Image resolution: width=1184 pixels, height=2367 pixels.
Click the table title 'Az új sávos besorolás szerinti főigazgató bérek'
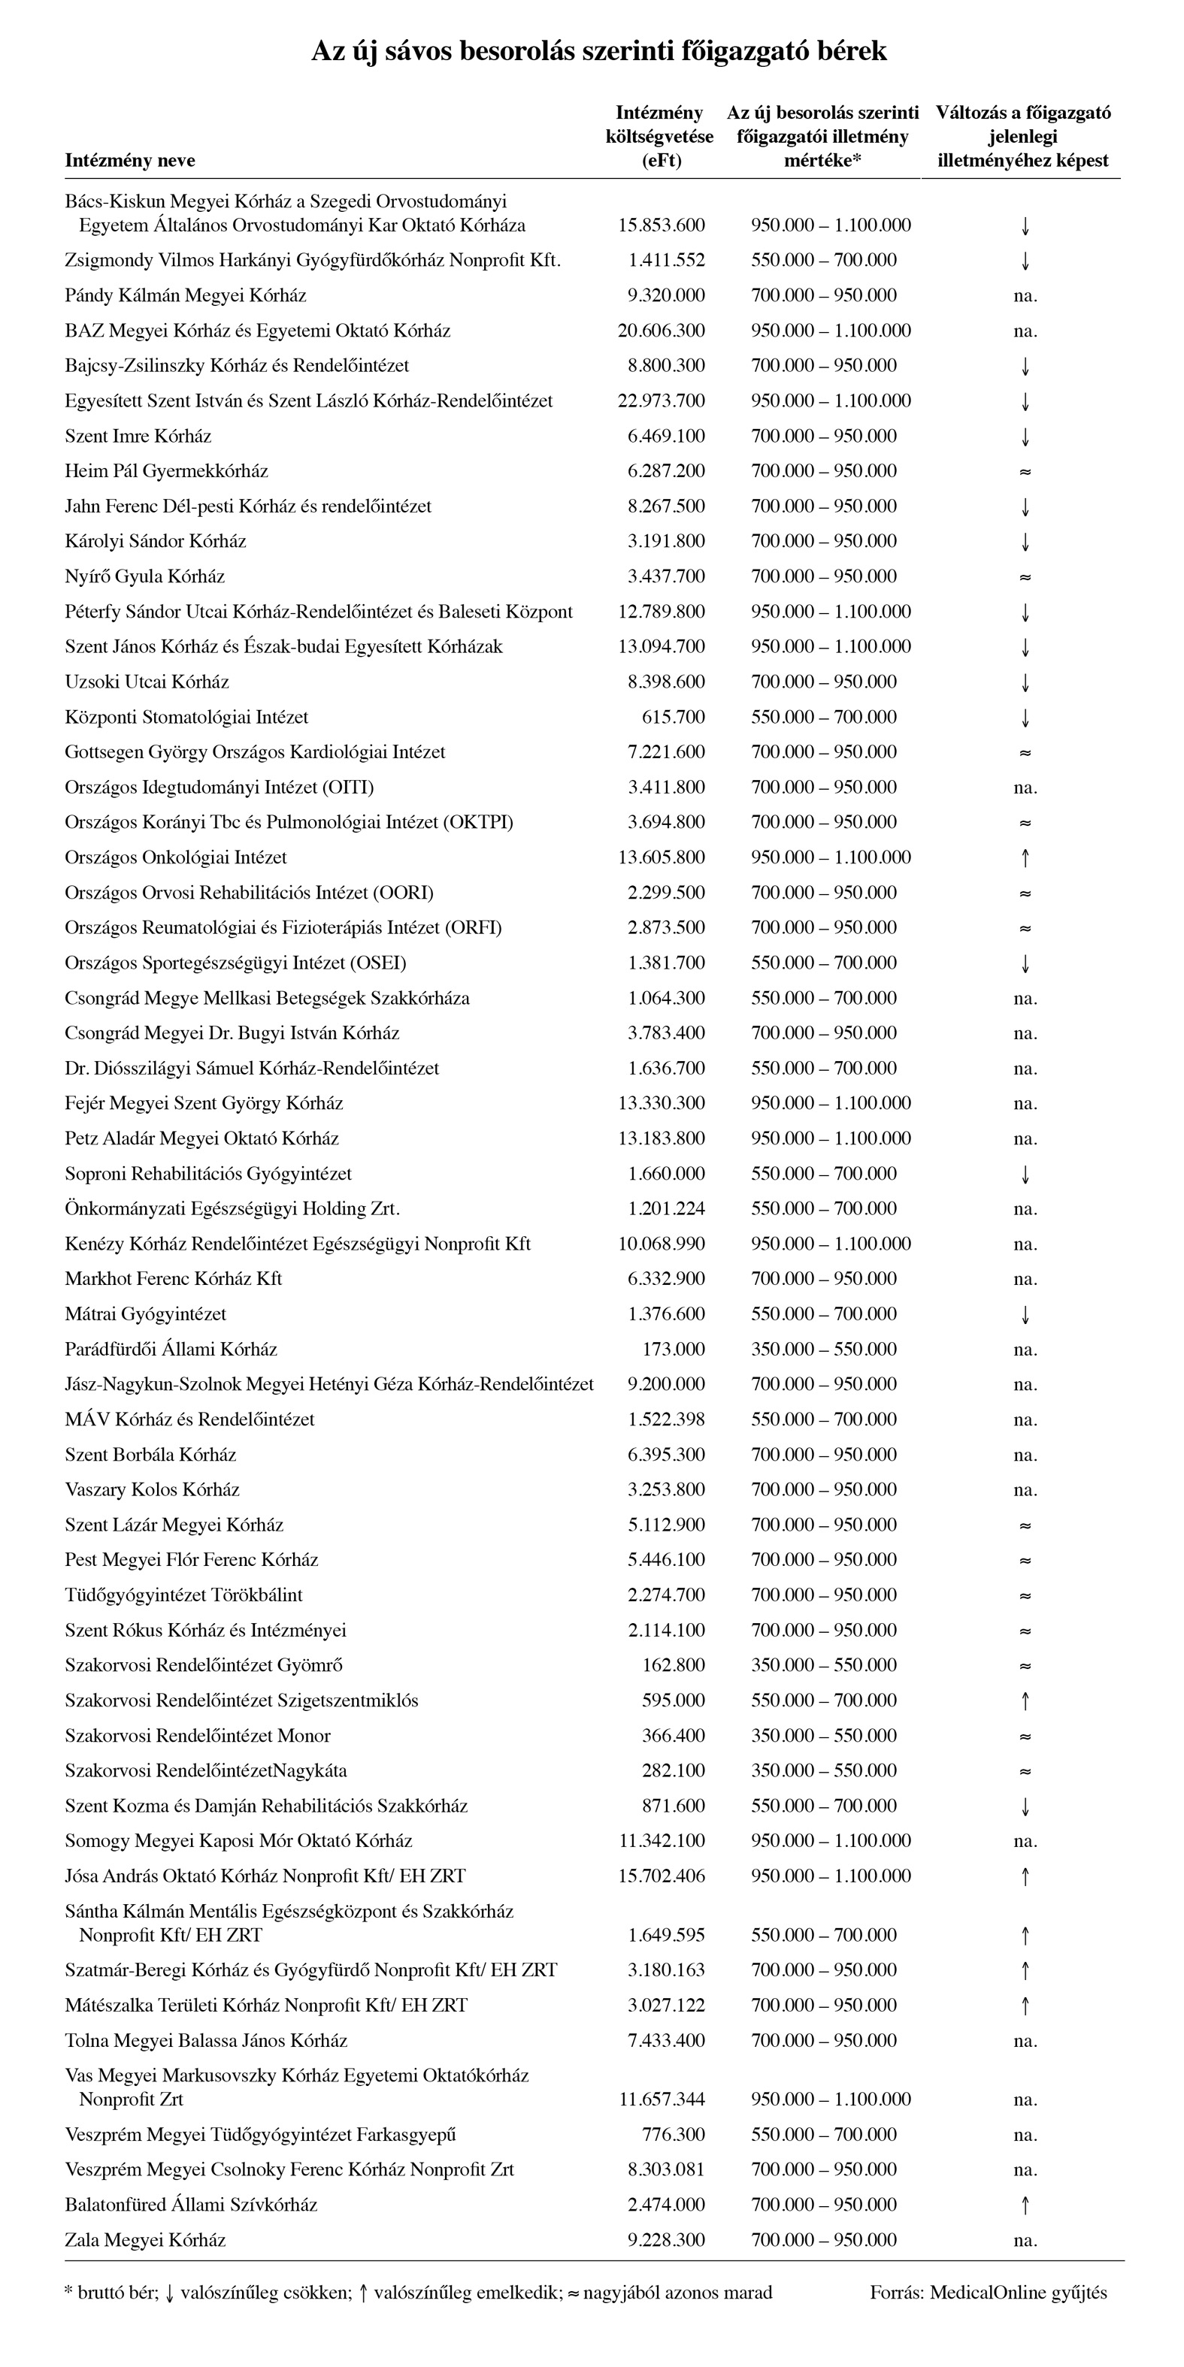tap(598, 50)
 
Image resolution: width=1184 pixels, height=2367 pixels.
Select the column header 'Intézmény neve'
tap(129, 161)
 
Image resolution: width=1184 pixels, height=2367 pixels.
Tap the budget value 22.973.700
tap(661, 401)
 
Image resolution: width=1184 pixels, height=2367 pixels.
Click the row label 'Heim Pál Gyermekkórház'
tap(166, 471)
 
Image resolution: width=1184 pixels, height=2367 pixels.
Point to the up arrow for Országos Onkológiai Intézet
tap(1025, 858)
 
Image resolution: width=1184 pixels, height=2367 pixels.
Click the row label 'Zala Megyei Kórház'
tap(145, 2240)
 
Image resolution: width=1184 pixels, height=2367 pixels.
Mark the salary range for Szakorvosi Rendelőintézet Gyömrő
tap(824, 1666)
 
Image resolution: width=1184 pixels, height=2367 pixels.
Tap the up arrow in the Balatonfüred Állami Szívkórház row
tap(1025, 2205)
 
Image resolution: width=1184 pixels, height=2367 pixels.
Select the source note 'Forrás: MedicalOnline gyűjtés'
tap(989, 2293)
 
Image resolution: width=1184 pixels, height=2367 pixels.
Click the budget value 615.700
tap(674, 718)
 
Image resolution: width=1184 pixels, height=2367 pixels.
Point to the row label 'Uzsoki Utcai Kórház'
tap(147, 682)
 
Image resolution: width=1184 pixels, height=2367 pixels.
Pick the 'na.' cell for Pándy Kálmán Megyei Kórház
tap(1025, 296)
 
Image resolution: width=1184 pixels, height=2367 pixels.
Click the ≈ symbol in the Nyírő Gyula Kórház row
tap(1025, 577)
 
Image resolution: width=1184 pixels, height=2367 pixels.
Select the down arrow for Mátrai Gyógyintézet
tap(1025, 1315)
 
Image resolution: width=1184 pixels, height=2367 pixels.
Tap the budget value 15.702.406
tap(661, 1876)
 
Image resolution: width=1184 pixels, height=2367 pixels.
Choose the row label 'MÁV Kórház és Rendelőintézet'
tap(189, 1419)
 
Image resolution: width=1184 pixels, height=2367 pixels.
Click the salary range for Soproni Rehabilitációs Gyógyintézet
tap(824, 1174)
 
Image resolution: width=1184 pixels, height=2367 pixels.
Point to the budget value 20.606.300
tap(661, 331)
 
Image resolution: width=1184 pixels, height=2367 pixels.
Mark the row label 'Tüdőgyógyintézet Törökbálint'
tap(184, 1595)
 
